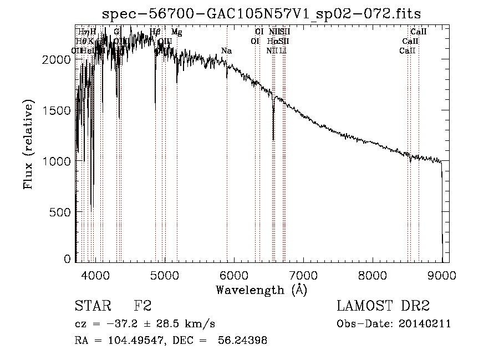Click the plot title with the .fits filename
(266, 13)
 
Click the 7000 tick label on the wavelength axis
(303, 275)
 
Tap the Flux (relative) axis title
(28, 145)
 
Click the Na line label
(226, 51)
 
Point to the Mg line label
(176, 32)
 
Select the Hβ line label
(155, 32)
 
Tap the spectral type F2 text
(142, 307)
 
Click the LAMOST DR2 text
(383, 307)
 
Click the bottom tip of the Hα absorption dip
(273, 140)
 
